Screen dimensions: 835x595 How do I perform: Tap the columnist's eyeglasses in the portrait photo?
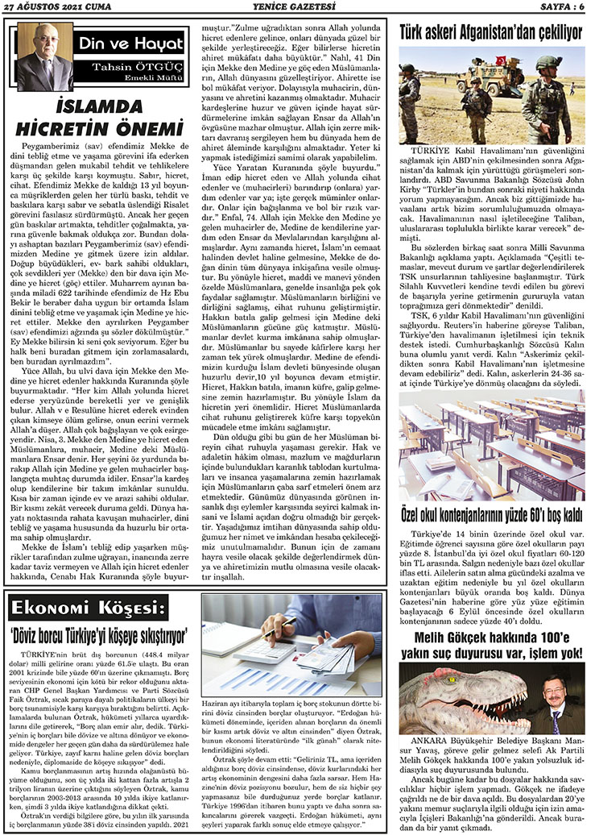coord(43,46)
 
